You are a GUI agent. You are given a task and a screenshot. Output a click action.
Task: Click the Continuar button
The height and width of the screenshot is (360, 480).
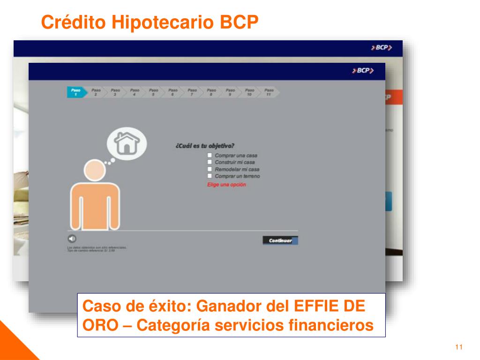(x=280, y=240)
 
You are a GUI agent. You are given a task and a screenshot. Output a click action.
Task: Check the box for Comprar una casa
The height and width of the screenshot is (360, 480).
(x=210, y=155)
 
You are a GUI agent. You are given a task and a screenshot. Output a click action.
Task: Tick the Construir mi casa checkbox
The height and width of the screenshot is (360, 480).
(x=210, y=162)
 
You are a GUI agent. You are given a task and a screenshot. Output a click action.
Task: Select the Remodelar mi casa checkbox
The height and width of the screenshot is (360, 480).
(x=210, y=169)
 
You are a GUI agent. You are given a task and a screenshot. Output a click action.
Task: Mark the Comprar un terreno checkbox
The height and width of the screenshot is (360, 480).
(x=210, y=176)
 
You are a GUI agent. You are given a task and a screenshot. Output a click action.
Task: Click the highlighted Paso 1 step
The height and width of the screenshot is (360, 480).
(x=76, y=92)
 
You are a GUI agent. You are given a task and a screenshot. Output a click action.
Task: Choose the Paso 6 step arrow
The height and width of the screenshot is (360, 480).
(x=172, y=92)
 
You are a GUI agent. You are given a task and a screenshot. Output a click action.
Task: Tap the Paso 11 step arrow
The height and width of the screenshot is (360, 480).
(x=269, y=92)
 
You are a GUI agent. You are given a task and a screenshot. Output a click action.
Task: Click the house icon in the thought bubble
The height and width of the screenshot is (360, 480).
(x=127, y=143)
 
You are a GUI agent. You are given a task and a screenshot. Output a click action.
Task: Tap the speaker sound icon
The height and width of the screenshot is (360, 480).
(x=72, y=238)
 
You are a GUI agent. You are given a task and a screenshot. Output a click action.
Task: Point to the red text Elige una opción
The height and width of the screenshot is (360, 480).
(x=226, y=185)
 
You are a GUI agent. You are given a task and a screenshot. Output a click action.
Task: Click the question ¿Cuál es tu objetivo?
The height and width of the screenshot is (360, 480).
(x=205, y=146)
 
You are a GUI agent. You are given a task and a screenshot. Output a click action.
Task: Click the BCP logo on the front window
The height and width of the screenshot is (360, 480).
(x=363, y=71)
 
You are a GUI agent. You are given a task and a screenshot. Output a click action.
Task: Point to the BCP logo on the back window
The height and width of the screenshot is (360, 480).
(x=381, y=48)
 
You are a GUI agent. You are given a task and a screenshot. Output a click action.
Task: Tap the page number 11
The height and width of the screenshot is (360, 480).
(x=459, y=347)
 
